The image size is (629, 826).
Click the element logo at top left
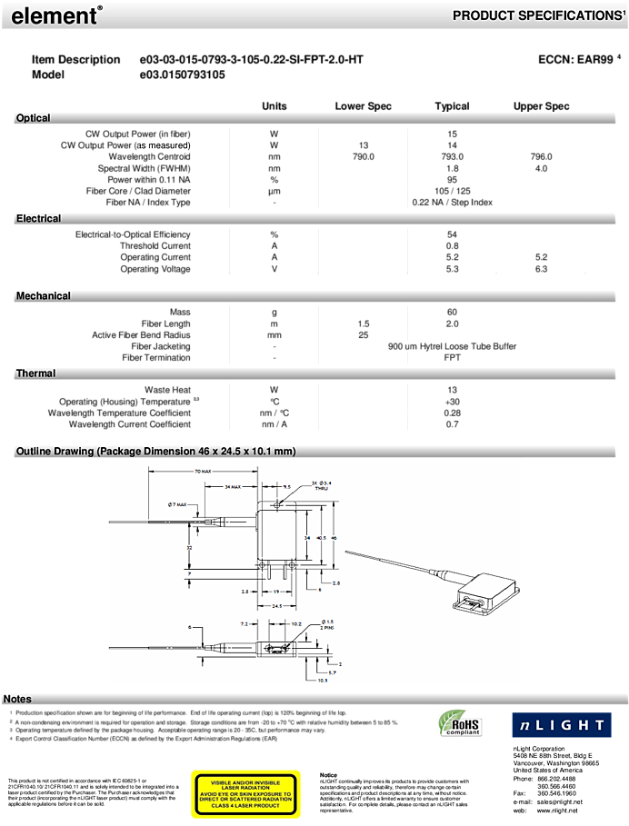click(55, 15)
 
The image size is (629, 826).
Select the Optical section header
click(33, 118)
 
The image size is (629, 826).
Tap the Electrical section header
click(38, 218)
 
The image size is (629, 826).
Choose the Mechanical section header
click(43, 296)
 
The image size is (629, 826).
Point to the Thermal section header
click(35, 373)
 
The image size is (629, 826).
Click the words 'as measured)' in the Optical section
click(165, 145)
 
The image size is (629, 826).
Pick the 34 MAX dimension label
click(232, 487)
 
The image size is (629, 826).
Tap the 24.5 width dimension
click(275, 605)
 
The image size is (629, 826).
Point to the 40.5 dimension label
click(320, 538)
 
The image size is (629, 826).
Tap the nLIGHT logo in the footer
click(560, 724)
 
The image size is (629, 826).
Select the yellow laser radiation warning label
click(245, 795)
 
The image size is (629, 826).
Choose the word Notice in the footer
click(328, 775)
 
